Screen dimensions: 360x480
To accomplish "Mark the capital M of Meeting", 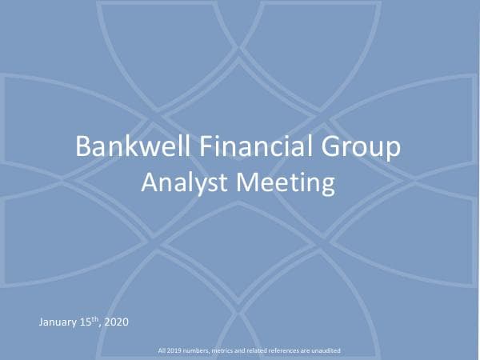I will [243, 183].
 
